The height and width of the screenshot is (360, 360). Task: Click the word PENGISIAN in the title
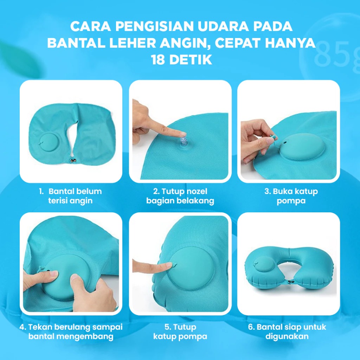tap(154, 26)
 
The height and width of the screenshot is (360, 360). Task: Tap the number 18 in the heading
tap(158, 60)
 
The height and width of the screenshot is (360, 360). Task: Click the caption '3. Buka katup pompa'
tap(291, 196)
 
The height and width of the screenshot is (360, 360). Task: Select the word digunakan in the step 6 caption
tap(287, 336)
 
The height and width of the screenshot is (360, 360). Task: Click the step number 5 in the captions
tap(167, 327)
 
